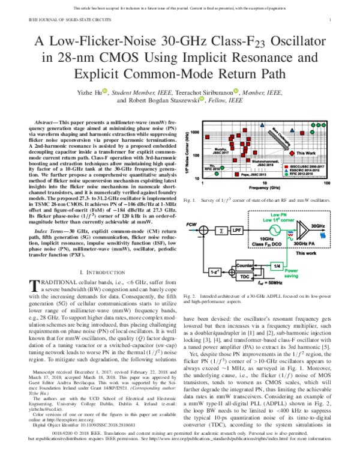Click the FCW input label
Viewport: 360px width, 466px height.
tap(197, 225)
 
